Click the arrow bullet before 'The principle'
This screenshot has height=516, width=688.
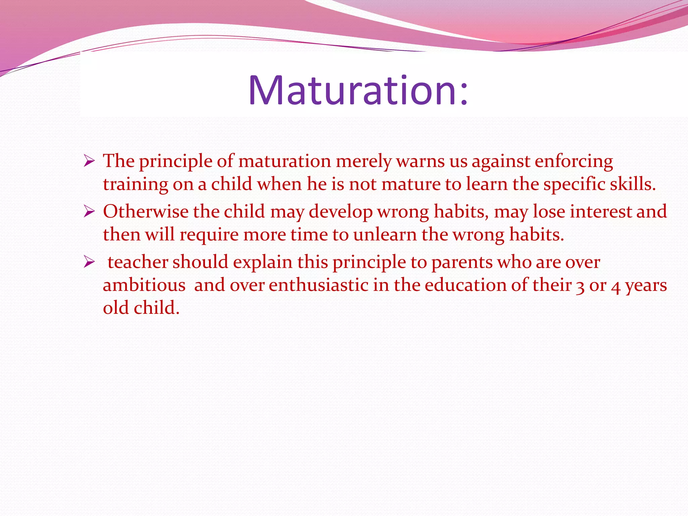tap(89, 161)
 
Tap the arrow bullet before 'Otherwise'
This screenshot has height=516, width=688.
tap(89, 212)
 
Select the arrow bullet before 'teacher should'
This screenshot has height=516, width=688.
tap(89, 262)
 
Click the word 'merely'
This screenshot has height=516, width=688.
tap(363, 161)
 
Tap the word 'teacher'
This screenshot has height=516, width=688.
tap(138, 262)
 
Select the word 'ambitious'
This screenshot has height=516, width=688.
tap(144, 285)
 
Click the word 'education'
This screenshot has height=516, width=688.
tap(465, 285)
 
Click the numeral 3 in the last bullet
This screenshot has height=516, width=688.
tap(580, 287)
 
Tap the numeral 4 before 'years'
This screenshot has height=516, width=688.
tap(615, 287)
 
